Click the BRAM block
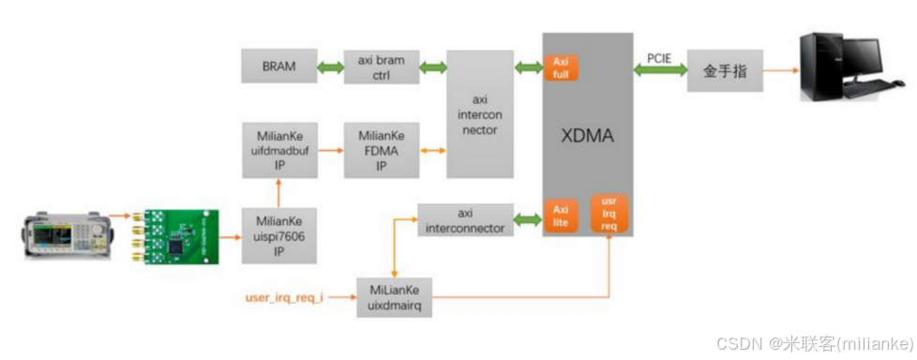click(x=278, y=67)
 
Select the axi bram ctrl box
click(x=382, y=67)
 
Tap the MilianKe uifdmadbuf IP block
click(x=278, y=150)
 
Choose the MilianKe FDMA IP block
click(x=382, y=150)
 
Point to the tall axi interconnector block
click(x=480, y=113)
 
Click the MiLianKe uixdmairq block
click(x=395, y=299)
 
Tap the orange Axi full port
click(x=561, y=67)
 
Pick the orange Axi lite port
click(x=561, y=217)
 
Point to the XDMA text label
click(x=587, y=136)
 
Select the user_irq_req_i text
click(x=285, y=299)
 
